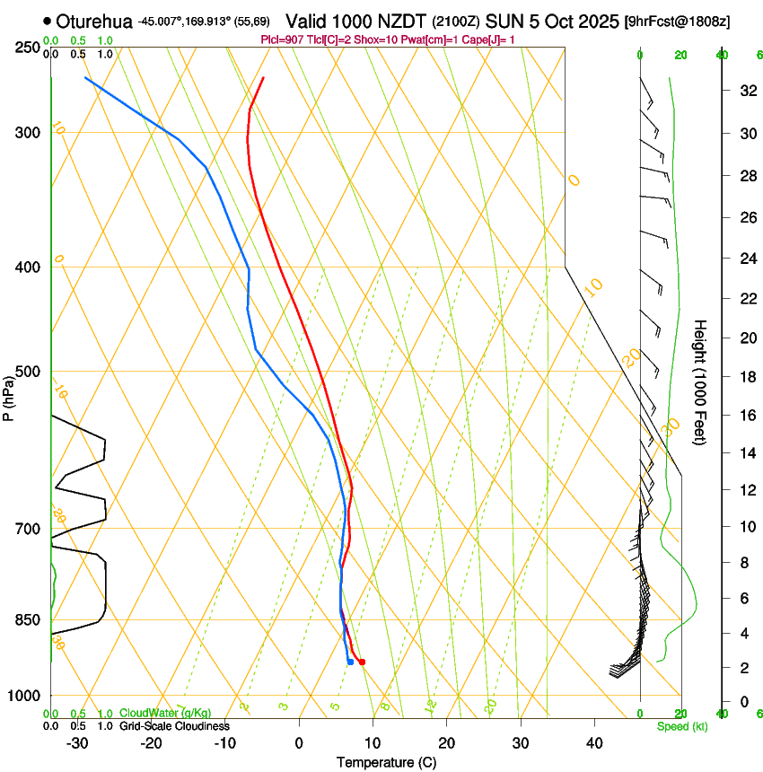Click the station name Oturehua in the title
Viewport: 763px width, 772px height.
click(x=94, y=21)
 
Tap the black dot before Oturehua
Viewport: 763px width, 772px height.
click(x=48, y=21)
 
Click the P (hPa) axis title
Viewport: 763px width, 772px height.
click(x=9, y=394)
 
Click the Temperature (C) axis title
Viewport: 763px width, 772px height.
click(x=386, y=762)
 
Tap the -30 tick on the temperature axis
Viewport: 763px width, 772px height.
click(x=77, y=742)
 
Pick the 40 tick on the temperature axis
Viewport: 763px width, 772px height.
click(x=594, y=742)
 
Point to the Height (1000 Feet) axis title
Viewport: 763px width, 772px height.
click(x=700, y=382)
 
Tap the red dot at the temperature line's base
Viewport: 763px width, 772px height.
click(x=362, y=662)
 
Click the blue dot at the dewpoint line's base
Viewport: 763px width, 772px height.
click(x=349, y=662)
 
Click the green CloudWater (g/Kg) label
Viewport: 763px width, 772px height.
click(x=165, y=713)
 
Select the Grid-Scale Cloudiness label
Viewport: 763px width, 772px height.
click(x=174, y=725)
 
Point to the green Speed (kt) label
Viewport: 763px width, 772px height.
click(x=682, y=726)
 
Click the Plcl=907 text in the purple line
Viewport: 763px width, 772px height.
click(x=280, y=40)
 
